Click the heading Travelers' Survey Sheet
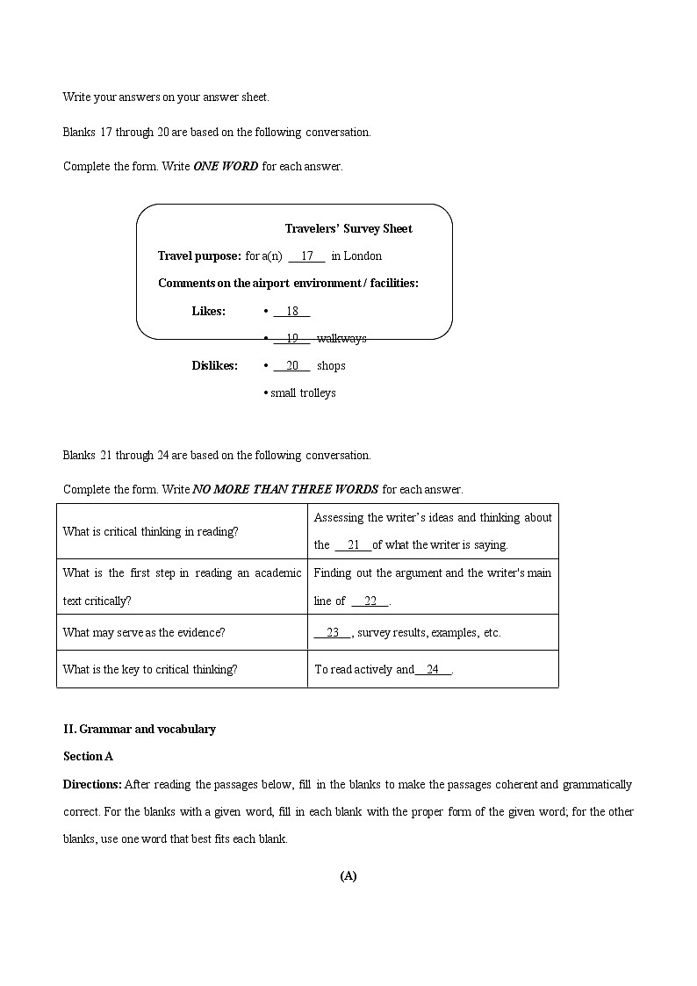(348, 228)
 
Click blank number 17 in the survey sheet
(306, 256)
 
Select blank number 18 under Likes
(291, 311)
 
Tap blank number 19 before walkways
(291, 338)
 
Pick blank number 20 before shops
(291, 365)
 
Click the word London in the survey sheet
(363, 256)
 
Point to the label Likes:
(208, 311)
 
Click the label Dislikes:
(214, 365)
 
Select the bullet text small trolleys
(302, 392)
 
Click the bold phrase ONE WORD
(226, 166)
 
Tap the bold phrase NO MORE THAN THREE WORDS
(285, 489)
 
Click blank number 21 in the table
(354, 544)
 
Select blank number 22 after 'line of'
(370, 601)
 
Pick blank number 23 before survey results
(332, 632)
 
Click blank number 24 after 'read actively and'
(433, 669)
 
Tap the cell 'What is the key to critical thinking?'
(150, 669)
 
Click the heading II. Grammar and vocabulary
(139, 729)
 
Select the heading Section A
(88, 756)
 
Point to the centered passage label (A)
(348, 875)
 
